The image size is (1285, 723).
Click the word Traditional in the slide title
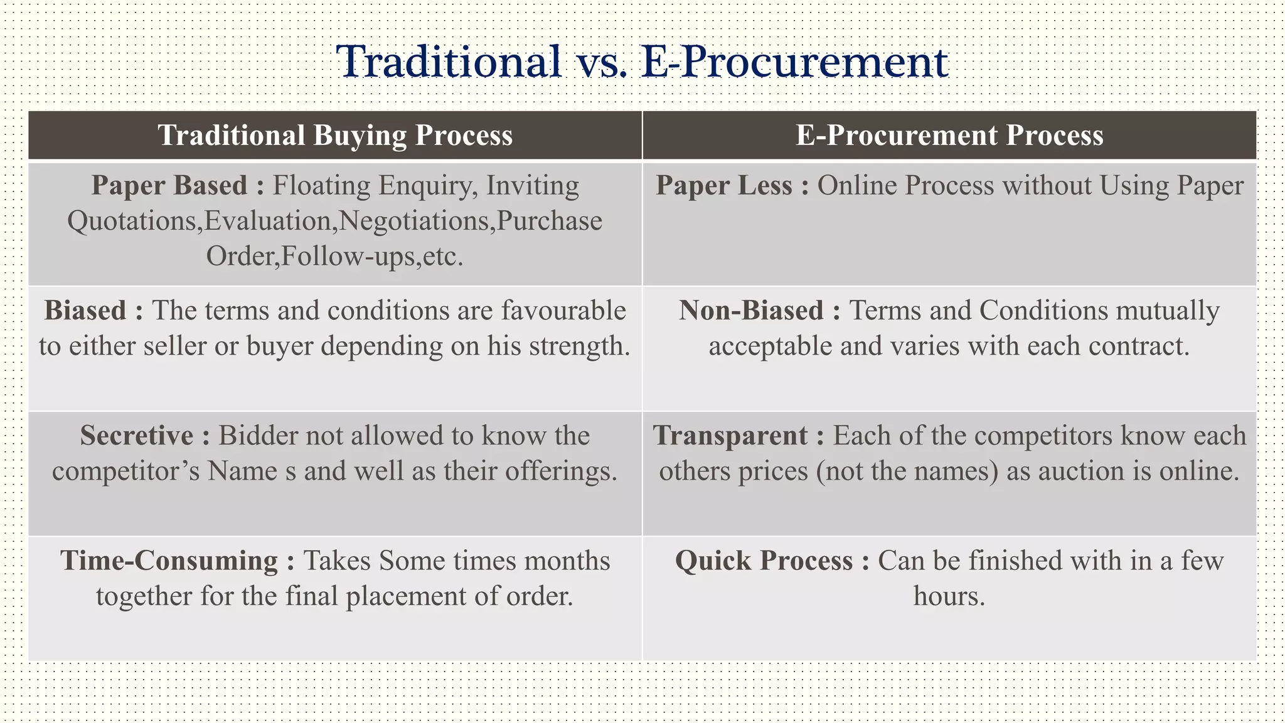[x=449, y=62]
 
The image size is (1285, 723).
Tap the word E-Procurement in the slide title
[x=796, y=62]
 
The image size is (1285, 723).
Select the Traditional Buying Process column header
[x=335, y=136]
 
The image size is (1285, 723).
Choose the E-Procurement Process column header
[x=949, y=136]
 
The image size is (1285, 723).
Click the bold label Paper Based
[x=169, y=186]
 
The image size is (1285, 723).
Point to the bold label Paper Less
[x=724, y=186]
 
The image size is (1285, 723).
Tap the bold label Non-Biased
[x=751, y=311]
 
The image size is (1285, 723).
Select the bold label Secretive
[x=137, y=436]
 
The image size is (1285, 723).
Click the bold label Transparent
[x=730, y=436]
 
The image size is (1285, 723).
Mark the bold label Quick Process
[x=764, y=560]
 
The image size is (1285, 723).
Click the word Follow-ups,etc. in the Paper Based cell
[x=372, y=257]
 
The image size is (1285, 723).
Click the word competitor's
[x=126, y=471]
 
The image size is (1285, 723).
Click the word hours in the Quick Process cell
[x=949, y=596]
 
